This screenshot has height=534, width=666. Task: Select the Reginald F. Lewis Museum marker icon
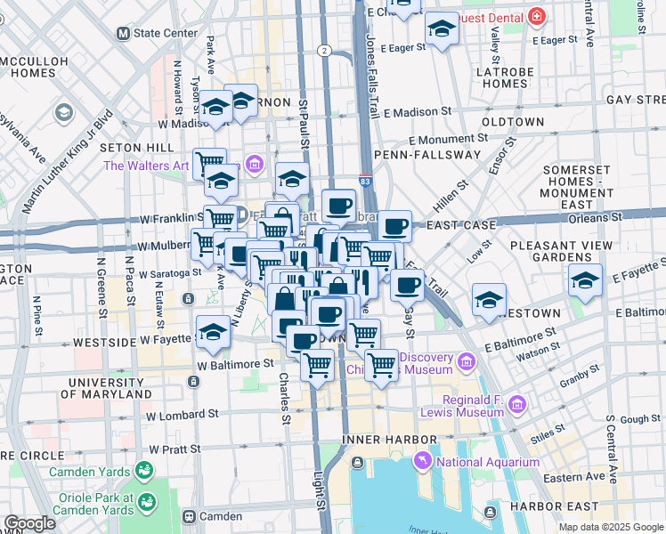(516, 405)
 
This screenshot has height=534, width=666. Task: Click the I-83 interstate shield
(366, 180)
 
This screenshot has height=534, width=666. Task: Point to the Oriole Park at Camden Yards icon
(148, 504)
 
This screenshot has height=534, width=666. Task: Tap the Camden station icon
(189, 516)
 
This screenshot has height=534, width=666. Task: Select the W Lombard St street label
(183, 415)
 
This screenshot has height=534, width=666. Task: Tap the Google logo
(29, 523)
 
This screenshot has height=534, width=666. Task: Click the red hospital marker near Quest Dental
(536, 16)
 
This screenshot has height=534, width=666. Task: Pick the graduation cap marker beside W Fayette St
(212, 334)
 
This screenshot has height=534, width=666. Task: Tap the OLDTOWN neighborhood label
(512, 121)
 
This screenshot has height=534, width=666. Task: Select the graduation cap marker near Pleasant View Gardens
(585, 281)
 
